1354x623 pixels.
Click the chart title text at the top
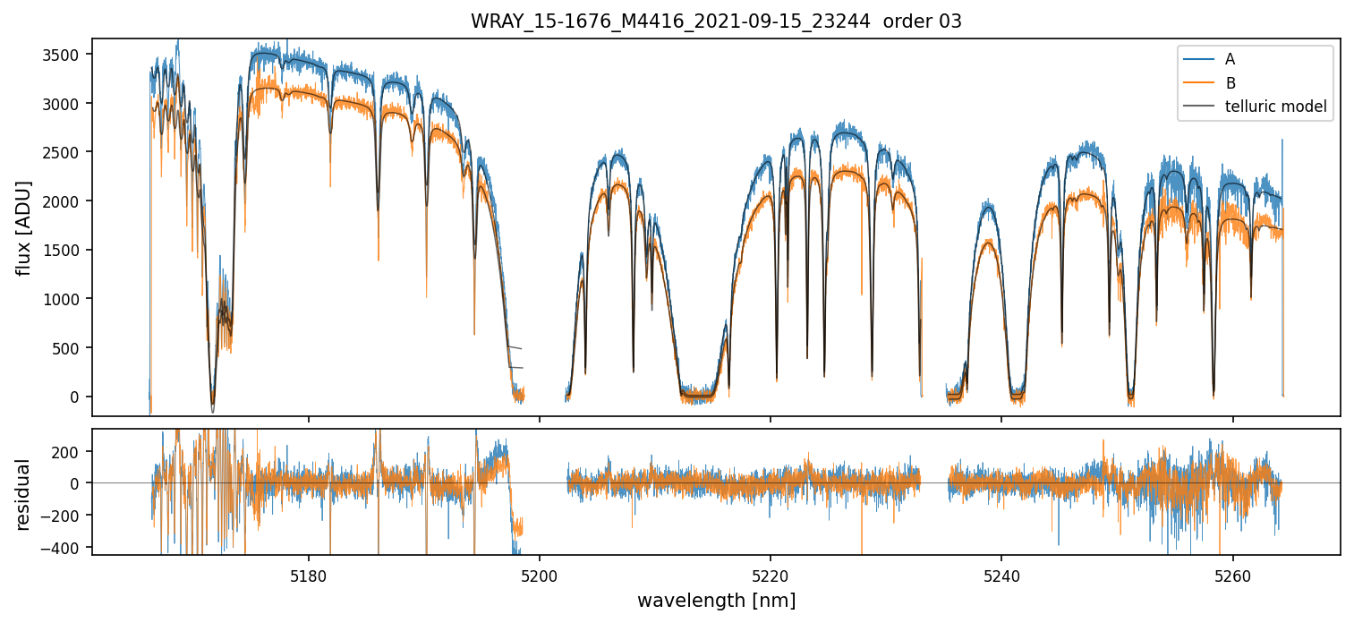(x=716, y=21)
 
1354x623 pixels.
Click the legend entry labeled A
(x=1230, y=59)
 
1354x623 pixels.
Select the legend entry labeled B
(x=1230, y=83)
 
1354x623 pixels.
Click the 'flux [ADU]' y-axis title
(x=24, y=227)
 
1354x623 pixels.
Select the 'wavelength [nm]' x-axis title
(x=716, y=600)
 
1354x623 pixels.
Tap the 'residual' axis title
(x=24, y=494)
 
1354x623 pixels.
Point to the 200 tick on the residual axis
(x=68, y=451)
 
